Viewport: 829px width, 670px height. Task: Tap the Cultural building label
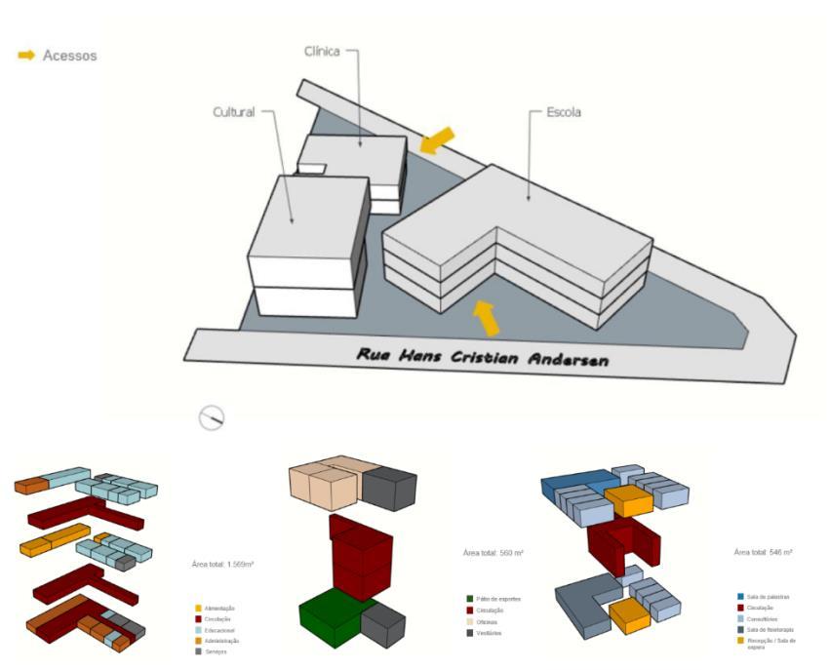point(234,112)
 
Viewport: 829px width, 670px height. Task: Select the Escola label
point(563,112)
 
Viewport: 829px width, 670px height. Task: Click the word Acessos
point(69,56)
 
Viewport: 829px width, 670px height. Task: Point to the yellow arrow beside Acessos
point(26,56)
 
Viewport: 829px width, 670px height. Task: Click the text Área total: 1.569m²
point(223,564)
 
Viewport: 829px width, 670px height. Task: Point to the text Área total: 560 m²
point(493,553)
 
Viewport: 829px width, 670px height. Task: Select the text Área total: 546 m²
point(763,552)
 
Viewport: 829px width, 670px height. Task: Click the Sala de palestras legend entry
point(770,596)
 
